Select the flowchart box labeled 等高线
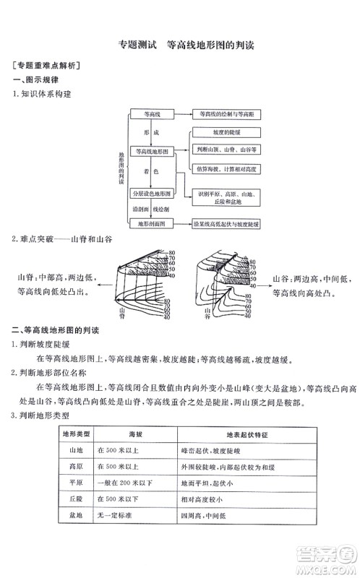pos(152,115)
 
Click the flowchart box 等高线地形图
pos(152,152)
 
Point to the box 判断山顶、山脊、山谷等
pos(227,150)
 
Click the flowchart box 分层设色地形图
pos(152,194)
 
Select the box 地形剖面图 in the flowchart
pos(152,224)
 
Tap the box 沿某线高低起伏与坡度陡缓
pos(227,225)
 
